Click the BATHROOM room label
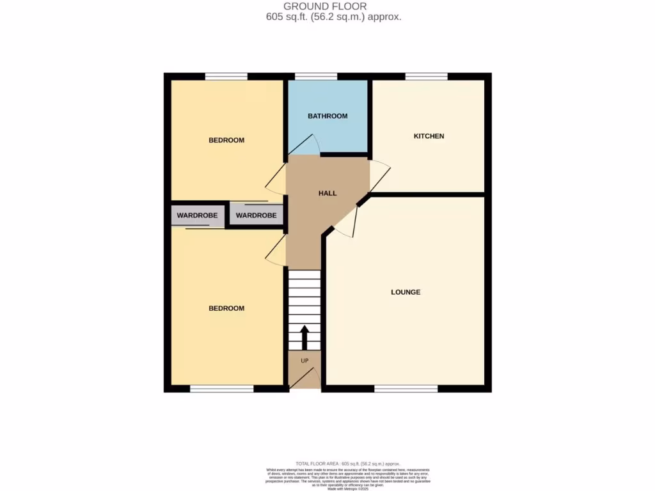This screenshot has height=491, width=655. [x=327, y=116]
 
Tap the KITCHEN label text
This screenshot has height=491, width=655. [x=429, y=136]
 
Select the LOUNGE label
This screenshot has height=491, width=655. [x=406, y=292]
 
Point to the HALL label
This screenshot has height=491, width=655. [x=327, y=193]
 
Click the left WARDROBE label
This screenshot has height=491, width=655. [x=198, y=215]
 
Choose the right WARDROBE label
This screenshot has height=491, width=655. [x=256, y=215]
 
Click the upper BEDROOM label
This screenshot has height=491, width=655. [x=226, y=140]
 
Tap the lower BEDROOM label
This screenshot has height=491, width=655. [x=226, y=308]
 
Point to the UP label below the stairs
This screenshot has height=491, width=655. [x=304, y=361]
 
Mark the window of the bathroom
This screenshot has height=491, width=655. [x=316, y=77]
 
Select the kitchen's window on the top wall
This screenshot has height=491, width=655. [x=426, y=77]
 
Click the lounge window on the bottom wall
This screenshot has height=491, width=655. [x=406, y=389]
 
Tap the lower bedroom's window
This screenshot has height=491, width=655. [x=221, y=389]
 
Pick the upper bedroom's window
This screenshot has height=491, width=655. [x=226, y=77]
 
